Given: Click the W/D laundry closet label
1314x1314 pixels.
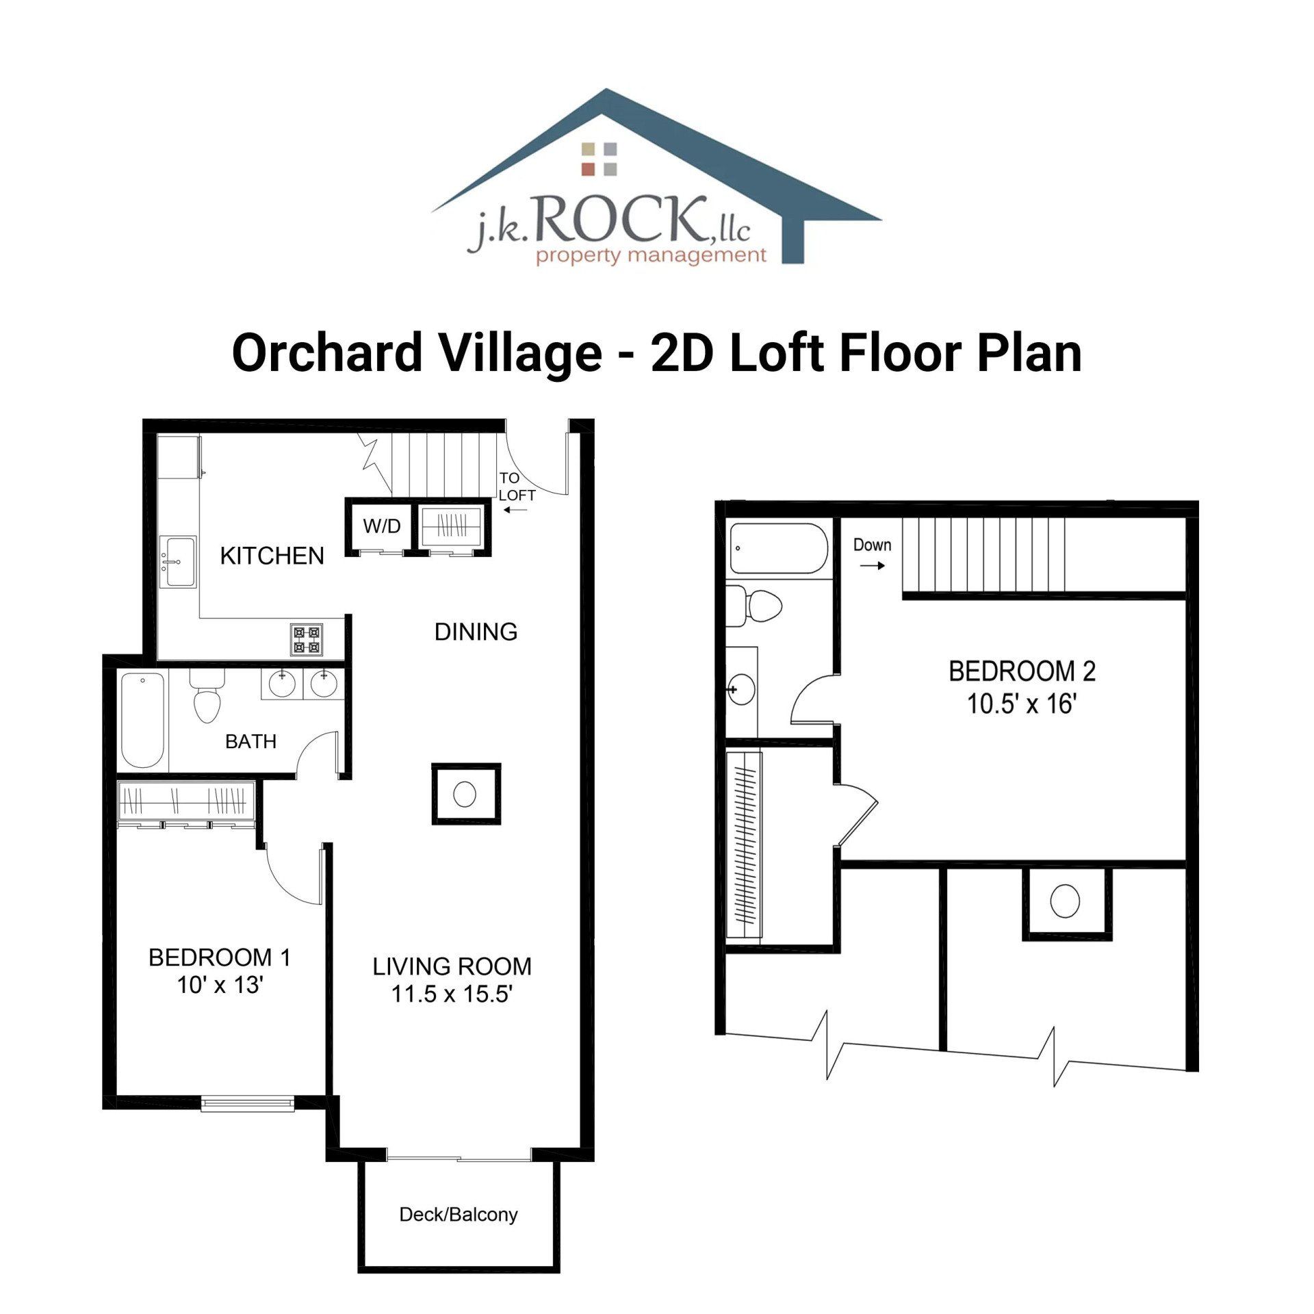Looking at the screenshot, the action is [x=381, y=526].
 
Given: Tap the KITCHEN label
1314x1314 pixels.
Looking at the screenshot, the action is [x=272, y=556].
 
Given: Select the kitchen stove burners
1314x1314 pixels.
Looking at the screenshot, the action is [x=307, y=639].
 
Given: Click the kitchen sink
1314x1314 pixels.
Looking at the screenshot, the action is [x=177, y=562].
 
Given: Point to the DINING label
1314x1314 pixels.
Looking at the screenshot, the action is [x=476, y=632].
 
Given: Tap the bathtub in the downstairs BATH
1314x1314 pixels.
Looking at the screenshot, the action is [x=143, y=721].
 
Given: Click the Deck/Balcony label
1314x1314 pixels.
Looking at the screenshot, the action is [x=459, y=1215].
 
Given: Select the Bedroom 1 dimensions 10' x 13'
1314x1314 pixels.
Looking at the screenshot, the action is [x=220, y=985].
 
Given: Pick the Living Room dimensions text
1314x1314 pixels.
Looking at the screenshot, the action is [x=452, y=994].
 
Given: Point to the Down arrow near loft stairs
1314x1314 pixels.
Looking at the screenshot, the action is [x=872, y=566].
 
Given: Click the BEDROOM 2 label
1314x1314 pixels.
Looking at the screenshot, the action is [x=1022, y=671].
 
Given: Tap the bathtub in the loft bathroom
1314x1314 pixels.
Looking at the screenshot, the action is [x=779, y=549].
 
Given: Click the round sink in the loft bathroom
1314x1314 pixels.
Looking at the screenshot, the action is [x=741, y=689].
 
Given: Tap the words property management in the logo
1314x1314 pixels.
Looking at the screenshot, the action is [x=651, y=257].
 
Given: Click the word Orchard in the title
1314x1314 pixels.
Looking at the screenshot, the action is [x=328, y=353].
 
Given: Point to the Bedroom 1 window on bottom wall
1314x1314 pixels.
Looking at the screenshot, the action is [x=248, y=1103].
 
